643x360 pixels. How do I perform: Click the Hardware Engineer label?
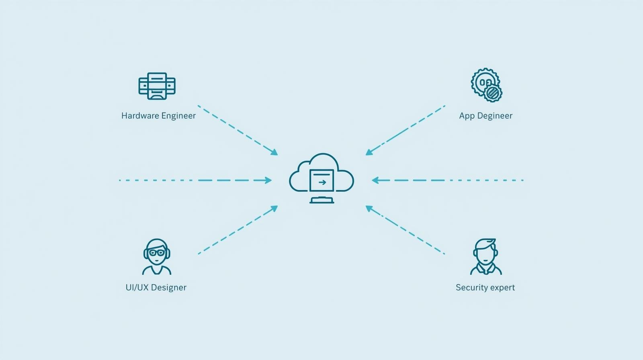pos(158,116)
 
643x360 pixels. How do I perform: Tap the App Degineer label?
pos(485,116)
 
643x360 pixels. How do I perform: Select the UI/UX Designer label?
pos(156,287)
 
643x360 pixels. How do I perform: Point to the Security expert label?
pos(485,287)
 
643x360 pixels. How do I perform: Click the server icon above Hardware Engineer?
pos(157,86)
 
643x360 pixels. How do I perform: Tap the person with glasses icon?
pos(157,257)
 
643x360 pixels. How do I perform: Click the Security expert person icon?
pos(486,257)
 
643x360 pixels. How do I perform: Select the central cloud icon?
pos(321,174)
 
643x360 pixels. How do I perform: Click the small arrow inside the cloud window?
pos(322,182)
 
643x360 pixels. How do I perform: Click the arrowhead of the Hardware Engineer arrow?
pos(274,153)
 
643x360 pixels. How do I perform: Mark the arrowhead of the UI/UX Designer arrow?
pos(274,208)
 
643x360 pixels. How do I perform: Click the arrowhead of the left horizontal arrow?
pos(268,180)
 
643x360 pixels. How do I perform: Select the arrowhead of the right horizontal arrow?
pos(375,180)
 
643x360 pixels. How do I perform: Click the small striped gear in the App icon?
pos(493,93)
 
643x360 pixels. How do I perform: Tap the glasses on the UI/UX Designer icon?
pos(157,253)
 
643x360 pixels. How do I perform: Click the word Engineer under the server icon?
pos(178,116)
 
